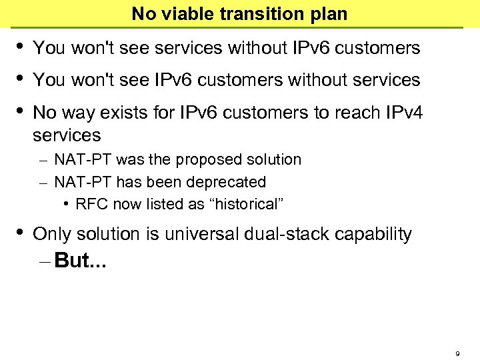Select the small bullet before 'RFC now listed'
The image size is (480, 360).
[69, 204]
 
